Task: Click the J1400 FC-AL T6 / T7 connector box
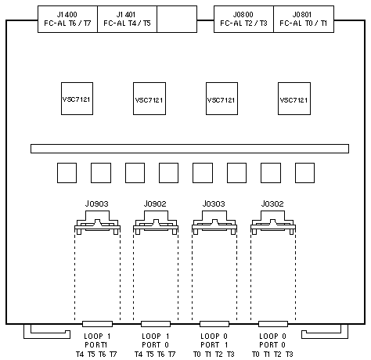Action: (x=67, y=19)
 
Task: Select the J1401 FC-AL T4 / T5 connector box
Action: (x=127, y=19)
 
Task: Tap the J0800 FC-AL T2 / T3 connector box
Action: (x=243, y=19)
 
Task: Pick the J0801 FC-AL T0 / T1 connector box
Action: (x=304, y=19)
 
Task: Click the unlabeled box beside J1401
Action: (x=177, y=19)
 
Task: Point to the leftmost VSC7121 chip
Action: (x=77, y=99)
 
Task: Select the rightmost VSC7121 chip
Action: (x=294, y=99)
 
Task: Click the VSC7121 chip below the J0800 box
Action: (x=222, y=99)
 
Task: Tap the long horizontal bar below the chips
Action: (x=189, y=149)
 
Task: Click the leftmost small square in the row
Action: (x=67, y=173)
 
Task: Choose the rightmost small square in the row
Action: (x=304, y=173)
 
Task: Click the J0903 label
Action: (x=96, y=203)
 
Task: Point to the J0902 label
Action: (x=155, y=203)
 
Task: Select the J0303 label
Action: (x=214, y=203)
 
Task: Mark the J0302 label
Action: (x=272, y=203)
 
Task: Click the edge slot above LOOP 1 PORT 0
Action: (x=156, y=324)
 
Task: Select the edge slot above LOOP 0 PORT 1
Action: (x=214, y=324)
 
